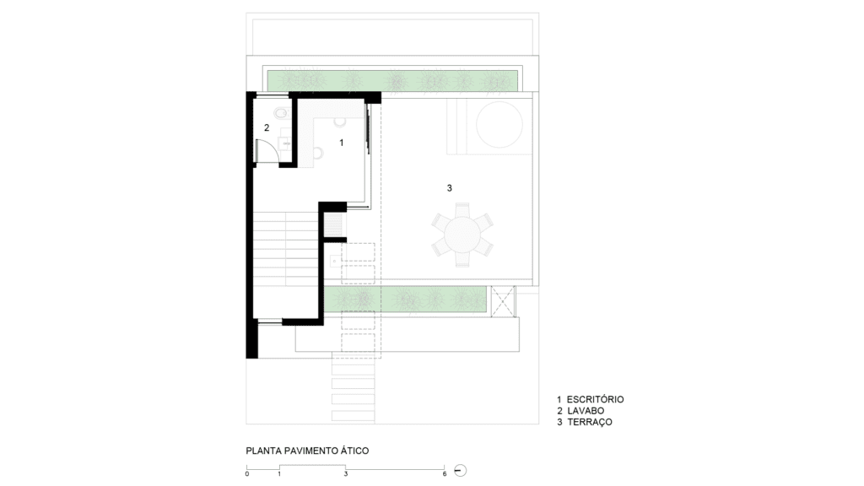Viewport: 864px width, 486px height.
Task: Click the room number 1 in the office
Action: (342, 143)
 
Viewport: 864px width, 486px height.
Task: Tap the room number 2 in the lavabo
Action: (267, 128)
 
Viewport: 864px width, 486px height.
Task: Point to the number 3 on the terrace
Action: (449, 188)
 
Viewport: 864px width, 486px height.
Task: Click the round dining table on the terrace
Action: (462, 235)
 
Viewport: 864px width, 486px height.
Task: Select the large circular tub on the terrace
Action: (499, 125)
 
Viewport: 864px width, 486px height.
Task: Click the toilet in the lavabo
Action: (280, 114)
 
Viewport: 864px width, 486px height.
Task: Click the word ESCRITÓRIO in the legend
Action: (595, 399)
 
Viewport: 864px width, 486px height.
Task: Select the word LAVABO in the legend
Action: (586, 411)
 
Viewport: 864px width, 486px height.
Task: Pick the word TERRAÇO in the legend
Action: (590, 422)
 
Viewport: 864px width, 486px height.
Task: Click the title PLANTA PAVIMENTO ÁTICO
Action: (307, 451)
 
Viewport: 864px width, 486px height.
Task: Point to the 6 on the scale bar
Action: (445, 474)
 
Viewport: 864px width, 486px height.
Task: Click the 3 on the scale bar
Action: (346, 474)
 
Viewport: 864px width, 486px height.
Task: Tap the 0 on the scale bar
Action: (247, 474)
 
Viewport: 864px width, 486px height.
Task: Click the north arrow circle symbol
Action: (460, 471)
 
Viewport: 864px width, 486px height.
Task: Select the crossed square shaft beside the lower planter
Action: (503, 301)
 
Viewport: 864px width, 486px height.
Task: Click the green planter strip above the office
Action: (392, 80)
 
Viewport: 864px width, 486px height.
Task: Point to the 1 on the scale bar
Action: (279, 474)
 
